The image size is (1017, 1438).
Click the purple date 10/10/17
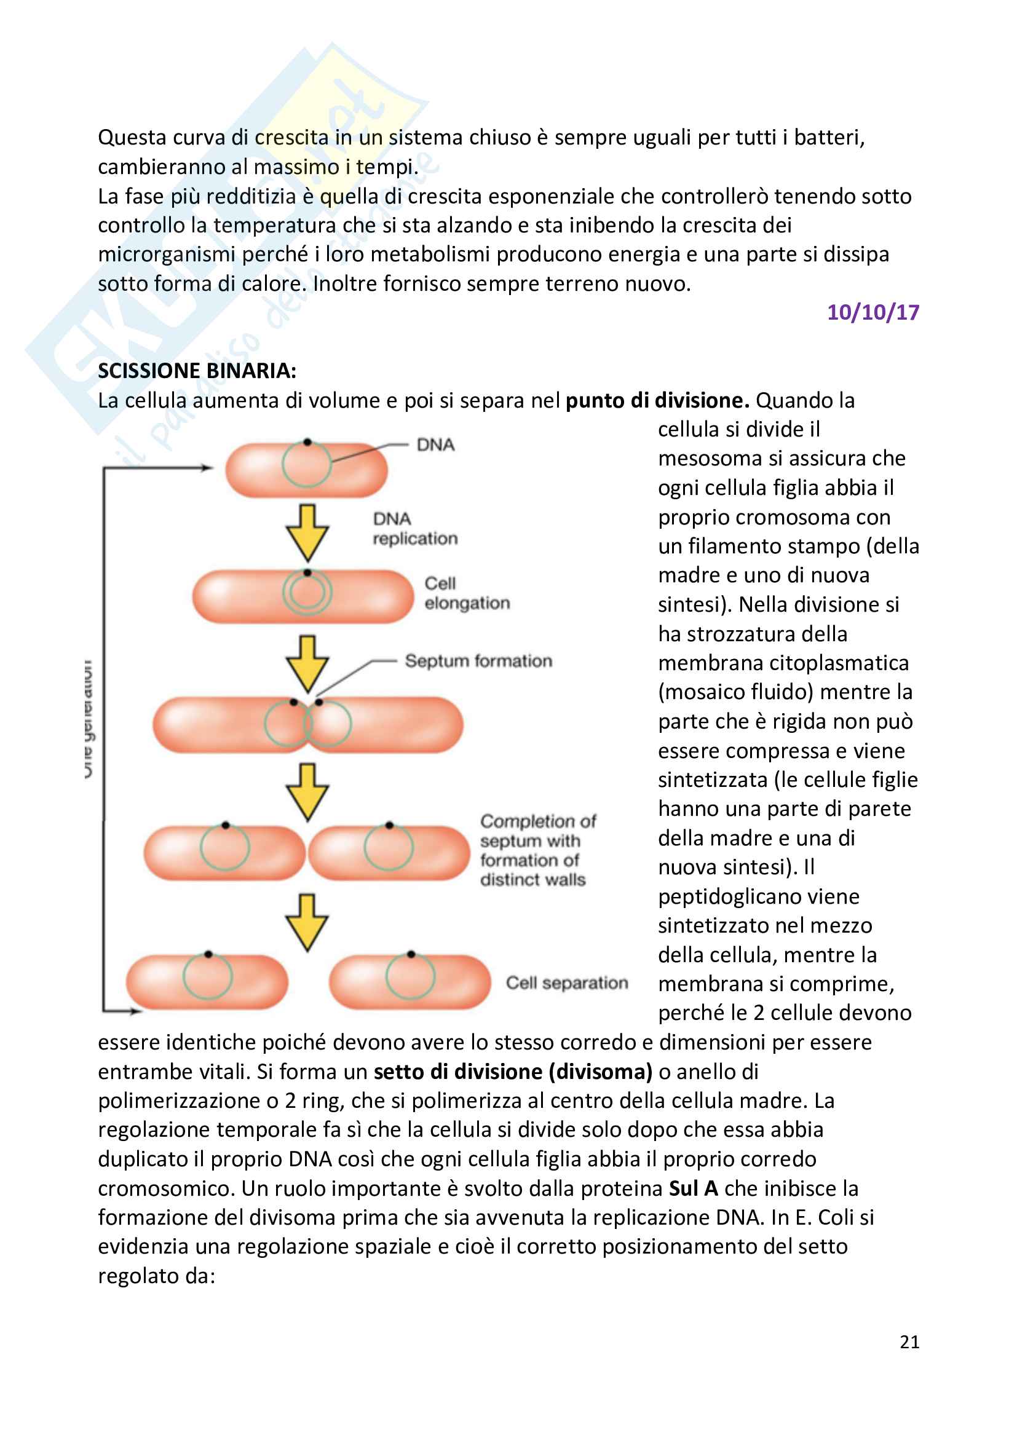coord(873,312)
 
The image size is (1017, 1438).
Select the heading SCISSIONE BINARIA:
coord(197,371)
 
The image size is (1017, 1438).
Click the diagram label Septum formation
coord(478,661)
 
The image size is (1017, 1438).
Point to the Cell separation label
coord(567,982)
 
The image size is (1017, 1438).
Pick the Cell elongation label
coord(467,593)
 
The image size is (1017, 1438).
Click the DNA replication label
coord(414,529)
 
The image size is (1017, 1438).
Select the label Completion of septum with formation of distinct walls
coord(537,850)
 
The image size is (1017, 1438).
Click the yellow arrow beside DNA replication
coord(307,532)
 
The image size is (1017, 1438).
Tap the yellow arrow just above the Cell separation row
coord(307,922)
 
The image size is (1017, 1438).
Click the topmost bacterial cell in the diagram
coord(306,470)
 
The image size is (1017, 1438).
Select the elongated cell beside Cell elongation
coord(303,596)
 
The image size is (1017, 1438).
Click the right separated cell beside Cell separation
coord(410,981)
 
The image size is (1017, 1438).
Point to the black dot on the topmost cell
coord(307,442)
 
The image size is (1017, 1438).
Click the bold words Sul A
coord(693,1188)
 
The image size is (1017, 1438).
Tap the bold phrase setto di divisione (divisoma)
coord(513,1072)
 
